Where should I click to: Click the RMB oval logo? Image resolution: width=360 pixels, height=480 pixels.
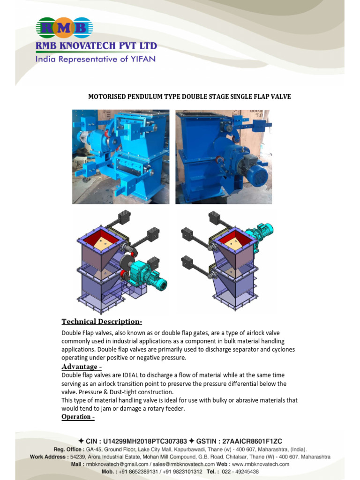click(64, 28)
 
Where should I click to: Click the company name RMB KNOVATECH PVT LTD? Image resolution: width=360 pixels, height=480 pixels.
click(96, 46)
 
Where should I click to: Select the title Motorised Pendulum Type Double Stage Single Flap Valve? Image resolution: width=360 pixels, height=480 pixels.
click(190, 97)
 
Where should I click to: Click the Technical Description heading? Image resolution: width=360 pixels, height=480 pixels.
click(102, 322)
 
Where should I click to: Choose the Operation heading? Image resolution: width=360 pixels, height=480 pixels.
click(78, 417)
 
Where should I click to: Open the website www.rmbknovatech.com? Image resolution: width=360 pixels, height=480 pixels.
click(261, 464)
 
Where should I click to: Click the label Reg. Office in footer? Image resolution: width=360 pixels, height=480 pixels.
click(69, 449)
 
